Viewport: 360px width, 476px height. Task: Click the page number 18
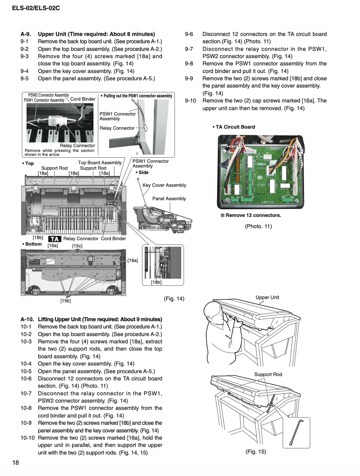point(16,463)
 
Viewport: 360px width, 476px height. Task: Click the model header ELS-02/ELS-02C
point(36,8)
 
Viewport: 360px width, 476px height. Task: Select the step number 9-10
point(190,101)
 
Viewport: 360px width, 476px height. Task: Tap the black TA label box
point(55,239)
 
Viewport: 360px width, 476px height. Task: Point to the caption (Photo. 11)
point(258,226)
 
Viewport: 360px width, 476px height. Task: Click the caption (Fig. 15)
point(256,452)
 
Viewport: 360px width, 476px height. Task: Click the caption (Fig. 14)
point(174,299)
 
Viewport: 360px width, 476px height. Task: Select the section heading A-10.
point(27,319)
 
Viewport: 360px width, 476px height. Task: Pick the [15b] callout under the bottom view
point(65,301)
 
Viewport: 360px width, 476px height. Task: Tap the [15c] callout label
point(77,246)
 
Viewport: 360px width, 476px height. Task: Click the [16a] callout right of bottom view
point(133,261)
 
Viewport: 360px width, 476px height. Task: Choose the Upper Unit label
point(267,298)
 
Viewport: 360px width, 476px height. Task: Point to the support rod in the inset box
point(296,432)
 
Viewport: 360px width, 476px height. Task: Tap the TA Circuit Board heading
point(235,127)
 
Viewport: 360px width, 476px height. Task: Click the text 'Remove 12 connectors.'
point(253,215)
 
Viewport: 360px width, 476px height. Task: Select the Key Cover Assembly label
point(164,185)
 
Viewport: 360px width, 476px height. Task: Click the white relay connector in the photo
point(56,121)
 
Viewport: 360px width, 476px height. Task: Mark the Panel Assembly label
point(169,199)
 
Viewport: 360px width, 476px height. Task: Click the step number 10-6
point(26,379)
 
